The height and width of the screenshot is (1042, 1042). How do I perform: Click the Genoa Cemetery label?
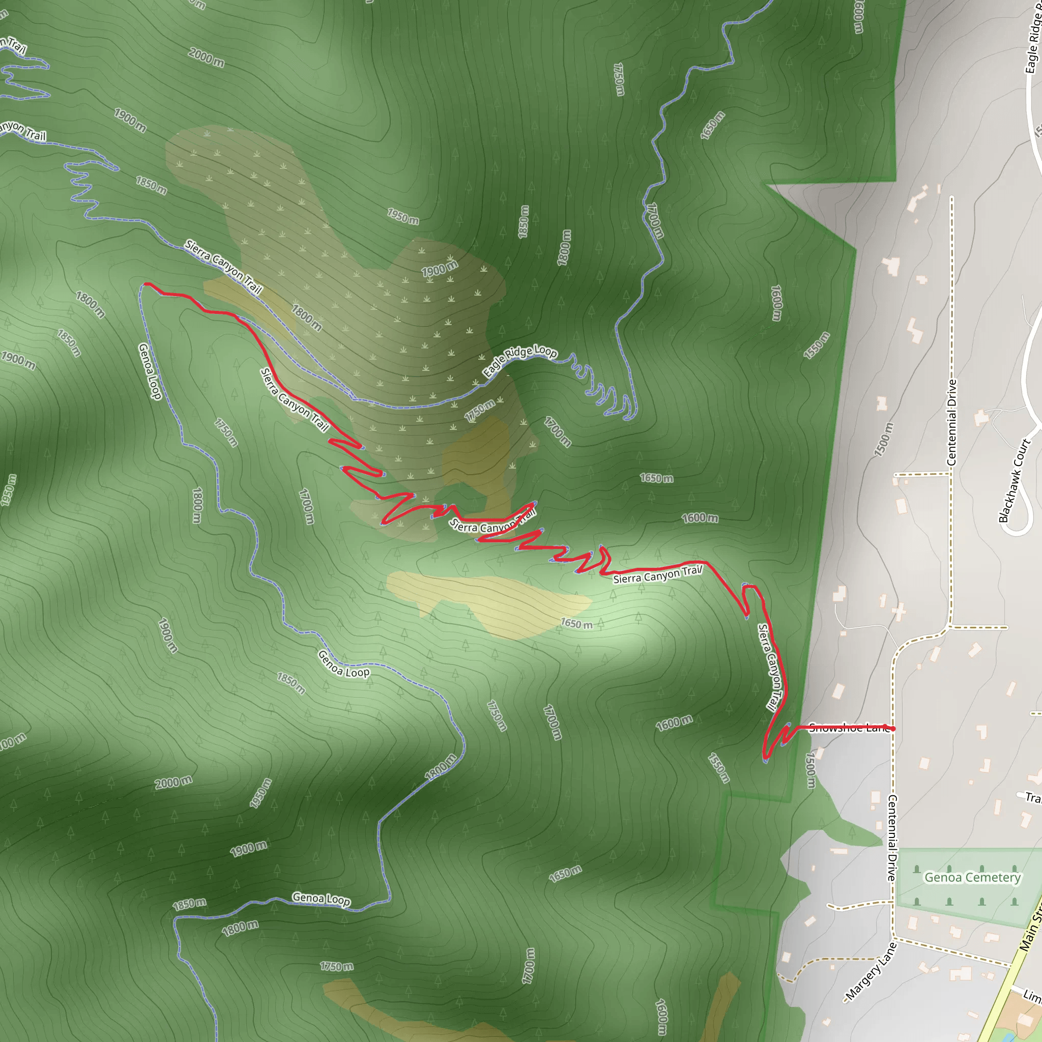tap(972, 878)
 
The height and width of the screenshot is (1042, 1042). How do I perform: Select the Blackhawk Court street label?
tap(1015, 480)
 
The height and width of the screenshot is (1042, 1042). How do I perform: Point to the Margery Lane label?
tap(871, 971)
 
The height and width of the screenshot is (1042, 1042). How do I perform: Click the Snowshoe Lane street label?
tap(848, 728)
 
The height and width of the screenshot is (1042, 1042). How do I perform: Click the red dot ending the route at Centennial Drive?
tap(893, 729)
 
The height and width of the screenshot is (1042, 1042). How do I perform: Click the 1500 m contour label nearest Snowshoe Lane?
tap(811, 770)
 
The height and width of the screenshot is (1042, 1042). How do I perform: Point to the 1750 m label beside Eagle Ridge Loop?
tap(479, 411)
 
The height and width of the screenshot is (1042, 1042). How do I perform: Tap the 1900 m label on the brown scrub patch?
tap(440, 268)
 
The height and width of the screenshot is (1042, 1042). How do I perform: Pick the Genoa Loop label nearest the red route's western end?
tap(150, 371)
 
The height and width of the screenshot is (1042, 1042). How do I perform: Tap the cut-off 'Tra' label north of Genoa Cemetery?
tap(1032, 798)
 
